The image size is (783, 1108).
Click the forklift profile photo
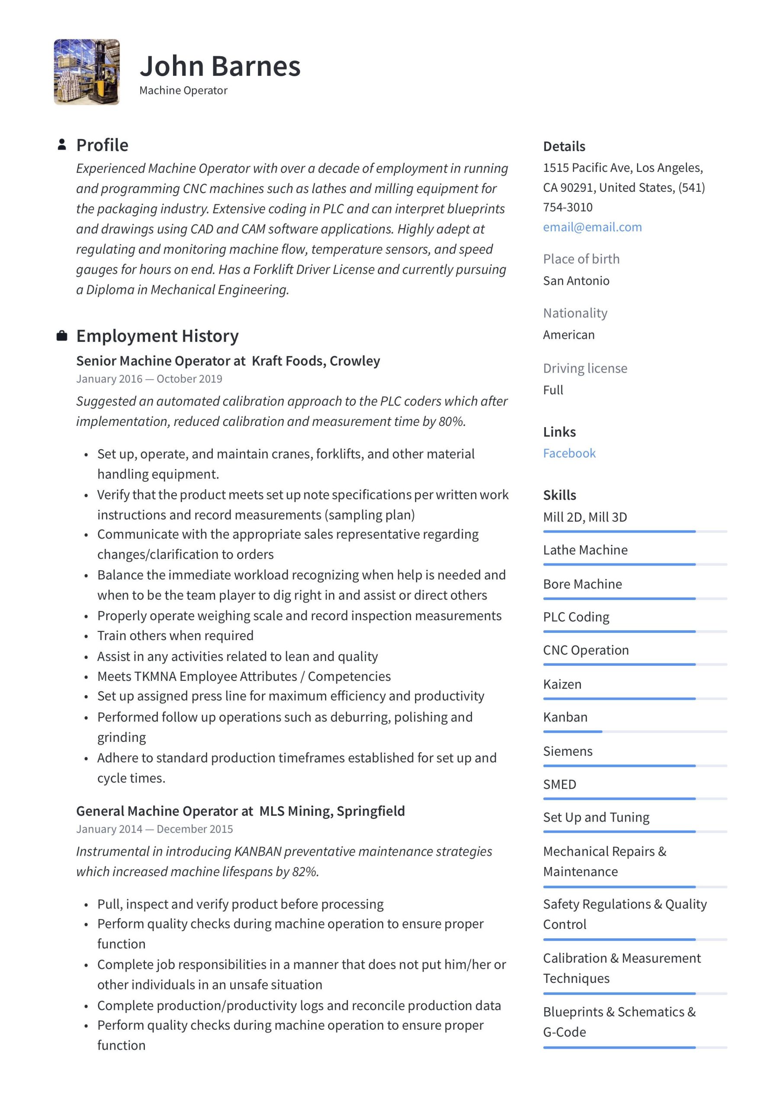coord(87,72)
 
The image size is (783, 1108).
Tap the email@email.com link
coord(592,227)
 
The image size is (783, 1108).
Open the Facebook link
coord(569,453)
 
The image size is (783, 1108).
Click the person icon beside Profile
coord(62,144)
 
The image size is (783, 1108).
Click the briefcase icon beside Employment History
coord(62,335)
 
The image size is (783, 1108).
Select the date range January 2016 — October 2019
coord(149,379)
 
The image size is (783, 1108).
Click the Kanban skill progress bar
coord(635,731)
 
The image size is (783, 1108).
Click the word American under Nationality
coord(568,335)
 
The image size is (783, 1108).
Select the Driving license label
coord(585,368)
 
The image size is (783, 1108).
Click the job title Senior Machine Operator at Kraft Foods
coord(228,361)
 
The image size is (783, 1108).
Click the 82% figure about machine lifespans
coord(305,871)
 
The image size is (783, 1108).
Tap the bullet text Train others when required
coord(175,635)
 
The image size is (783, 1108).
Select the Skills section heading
coord(559,495)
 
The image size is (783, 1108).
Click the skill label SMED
coord(559,784)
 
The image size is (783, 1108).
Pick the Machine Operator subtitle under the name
coord(183,90)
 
